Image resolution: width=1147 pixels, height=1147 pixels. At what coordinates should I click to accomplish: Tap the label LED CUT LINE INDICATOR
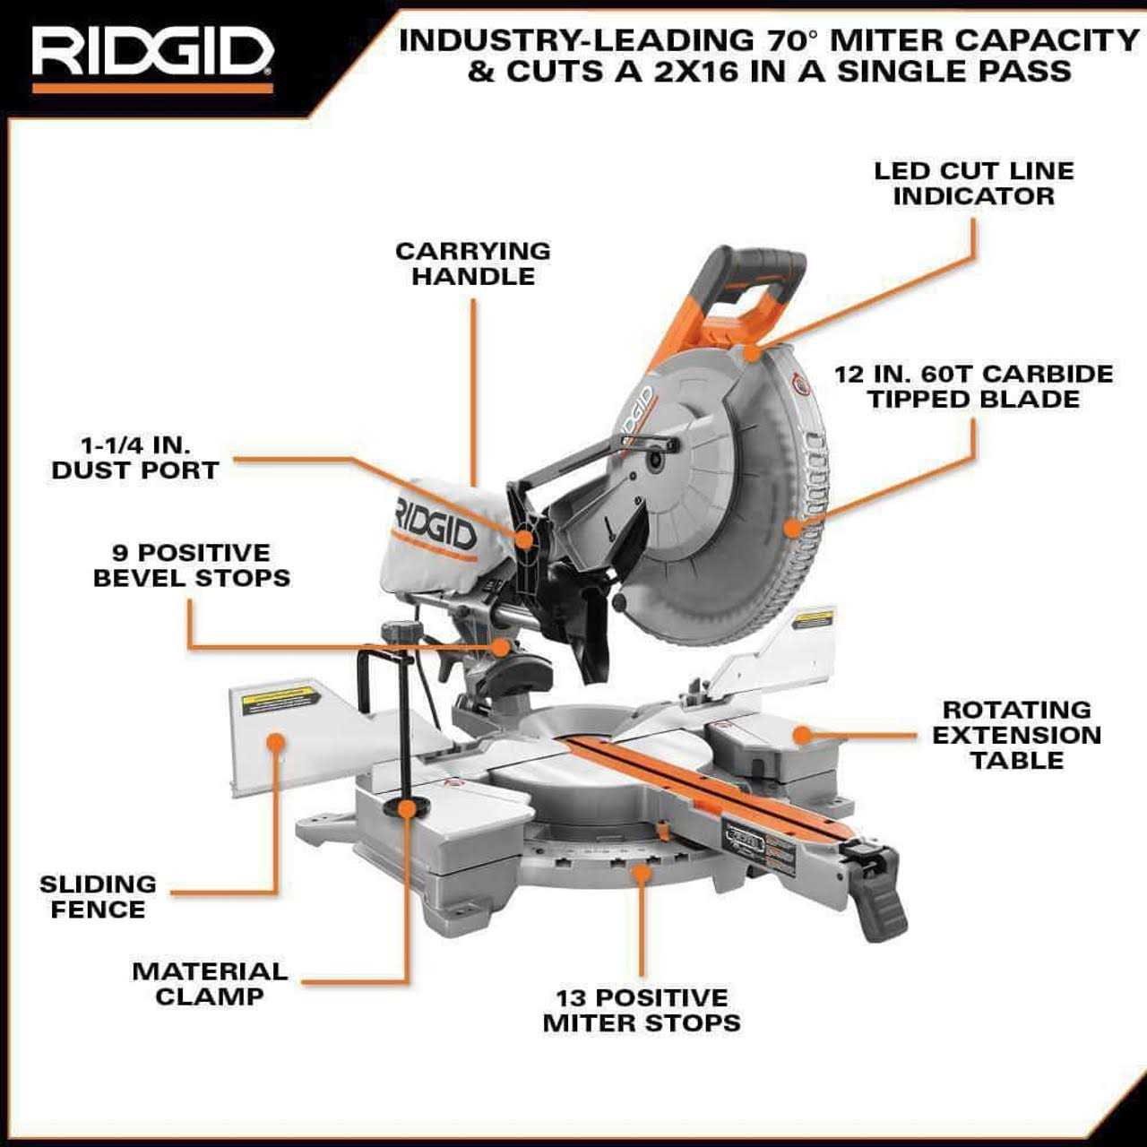(973, 184)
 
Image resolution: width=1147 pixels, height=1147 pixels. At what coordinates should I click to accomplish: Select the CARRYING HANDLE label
(473, 263)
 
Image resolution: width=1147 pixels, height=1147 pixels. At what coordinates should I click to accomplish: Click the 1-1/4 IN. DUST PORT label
(135, 458)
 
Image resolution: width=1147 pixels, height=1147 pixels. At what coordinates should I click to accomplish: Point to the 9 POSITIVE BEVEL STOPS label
(192, 565)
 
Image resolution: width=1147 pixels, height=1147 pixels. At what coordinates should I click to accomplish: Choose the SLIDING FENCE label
(98, 897)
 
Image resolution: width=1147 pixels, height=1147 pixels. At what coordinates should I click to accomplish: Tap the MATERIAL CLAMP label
(210, 983)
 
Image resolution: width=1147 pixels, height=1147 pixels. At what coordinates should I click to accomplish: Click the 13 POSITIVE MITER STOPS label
(642, 1010)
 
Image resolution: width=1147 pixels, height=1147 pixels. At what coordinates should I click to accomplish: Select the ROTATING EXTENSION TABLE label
(1017, 735)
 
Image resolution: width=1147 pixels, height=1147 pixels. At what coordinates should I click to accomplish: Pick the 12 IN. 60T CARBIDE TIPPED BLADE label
(973, 386)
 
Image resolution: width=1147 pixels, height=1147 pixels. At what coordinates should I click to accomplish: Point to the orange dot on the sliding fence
(276, 742)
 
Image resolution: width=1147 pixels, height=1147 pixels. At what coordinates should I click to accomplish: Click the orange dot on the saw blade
(791, 527)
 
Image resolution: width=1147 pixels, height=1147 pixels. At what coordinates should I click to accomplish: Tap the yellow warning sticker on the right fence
(814, 619)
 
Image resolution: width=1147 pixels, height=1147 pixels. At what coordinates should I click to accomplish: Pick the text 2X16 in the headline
(709, 72)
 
